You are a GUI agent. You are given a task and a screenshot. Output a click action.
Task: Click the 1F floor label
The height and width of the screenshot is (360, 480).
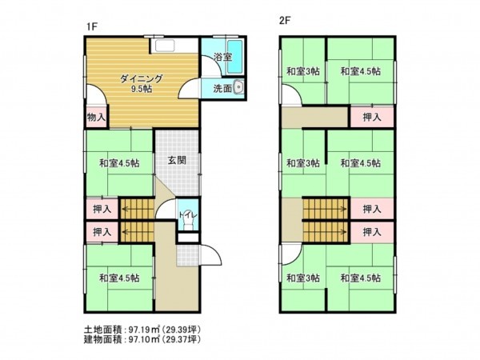point(92,26)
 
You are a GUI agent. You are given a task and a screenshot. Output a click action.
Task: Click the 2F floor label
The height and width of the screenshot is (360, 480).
point(284,22)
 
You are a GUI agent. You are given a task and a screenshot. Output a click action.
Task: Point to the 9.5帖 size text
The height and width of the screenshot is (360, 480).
point(142,89)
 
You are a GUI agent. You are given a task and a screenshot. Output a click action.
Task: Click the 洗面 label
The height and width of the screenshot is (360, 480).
point(222,89)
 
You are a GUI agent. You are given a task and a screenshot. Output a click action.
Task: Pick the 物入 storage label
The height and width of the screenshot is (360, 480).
point(95,117)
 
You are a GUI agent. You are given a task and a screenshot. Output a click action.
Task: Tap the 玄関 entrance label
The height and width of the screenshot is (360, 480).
point(177,160)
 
